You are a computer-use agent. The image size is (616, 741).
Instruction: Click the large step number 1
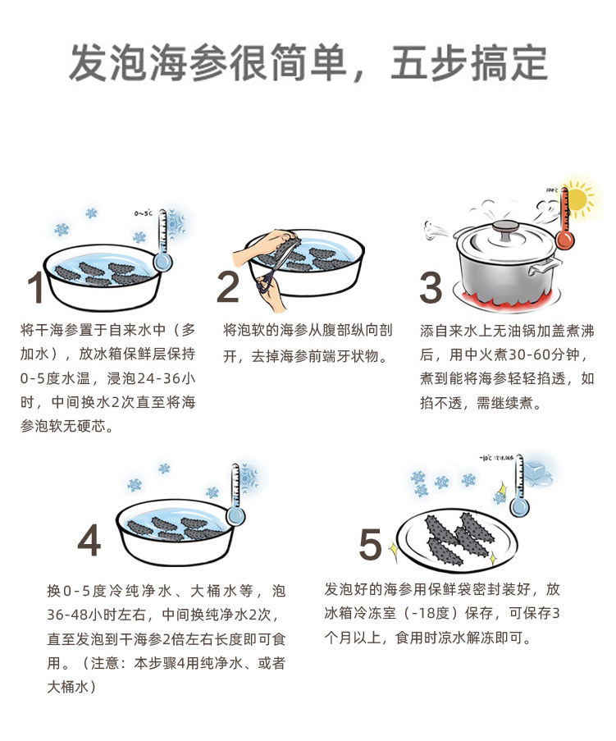pyautogui.click(x=36, y=287)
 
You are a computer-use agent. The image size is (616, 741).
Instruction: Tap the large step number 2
pyautogui.click(x=228, y=287)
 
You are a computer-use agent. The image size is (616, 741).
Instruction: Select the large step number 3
pyautogui.click(x=431, y=287)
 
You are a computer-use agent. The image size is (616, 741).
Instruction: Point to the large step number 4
pyautogui.click(x=89, y=540)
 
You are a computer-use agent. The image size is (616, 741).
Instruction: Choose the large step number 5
pyautogui.click(x=370, y=544)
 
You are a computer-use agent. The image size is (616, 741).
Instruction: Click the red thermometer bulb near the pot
pyautogui.click(x=565, y=239)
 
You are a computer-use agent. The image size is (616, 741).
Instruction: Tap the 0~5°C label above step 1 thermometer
pyautogui.click(x=144, y=213)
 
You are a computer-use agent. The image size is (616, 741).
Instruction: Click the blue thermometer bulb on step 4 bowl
pyautogui.click(x=235, y=515)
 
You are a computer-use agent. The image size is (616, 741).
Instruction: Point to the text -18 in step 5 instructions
pyautogui.click(x=423, y=614)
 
